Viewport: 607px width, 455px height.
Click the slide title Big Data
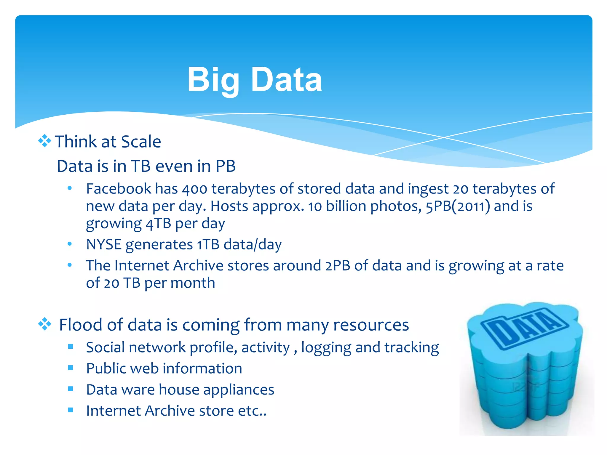(254, 79)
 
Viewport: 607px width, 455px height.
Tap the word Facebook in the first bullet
(119, 189)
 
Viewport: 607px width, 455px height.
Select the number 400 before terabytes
(194, 189)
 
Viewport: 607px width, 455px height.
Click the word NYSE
(104, 245)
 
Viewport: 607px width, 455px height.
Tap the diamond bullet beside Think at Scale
(44, 141)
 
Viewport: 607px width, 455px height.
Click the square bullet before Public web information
(71, 368)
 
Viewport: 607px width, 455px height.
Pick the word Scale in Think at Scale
(141, 142)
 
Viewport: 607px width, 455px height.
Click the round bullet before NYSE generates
(70, 244)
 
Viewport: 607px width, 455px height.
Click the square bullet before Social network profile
(71, 346)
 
